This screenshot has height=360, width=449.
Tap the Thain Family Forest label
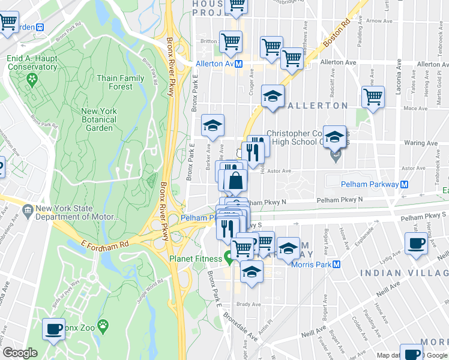(x=121, y=82)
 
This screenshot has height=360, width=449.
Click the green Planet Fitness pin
(x=229, y=259)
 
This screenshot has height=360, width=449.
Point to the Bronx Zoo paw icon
(x=104, y=328)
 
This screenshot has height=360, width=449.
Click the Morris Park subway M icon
(x=337, y=264)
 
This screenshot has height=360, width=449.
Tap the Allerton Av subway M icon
(x=238, y=64)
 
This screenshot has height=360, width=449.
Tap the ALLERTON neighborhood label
(x=318, y=106)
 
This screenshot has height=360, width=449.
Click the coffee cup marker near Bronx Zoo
(x=54, y=328)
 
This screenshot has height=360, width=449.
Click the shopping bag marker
(x=236, y=179)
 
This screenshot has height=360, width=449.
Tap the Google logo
(x=20, y=353)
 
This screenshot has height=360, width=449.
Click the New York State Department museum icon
(x=27, y=209)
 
